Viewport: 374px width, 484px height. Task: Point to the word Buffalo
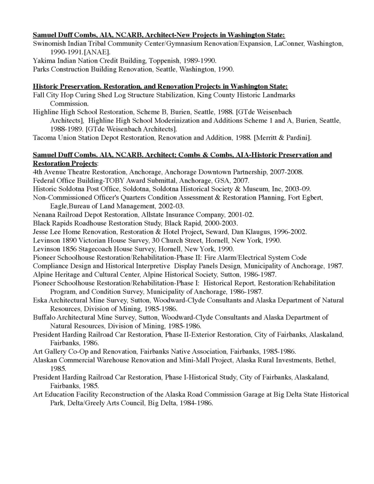(x=45, y=317)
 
